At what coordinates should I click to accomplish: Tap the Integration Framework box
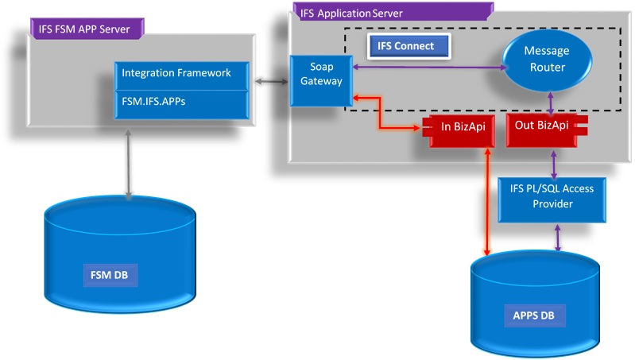point(182,73)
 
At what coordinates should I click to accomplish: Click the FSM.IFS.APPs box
point(182,102)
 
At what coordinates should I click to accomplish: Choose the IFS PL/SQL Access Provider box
point(551,195)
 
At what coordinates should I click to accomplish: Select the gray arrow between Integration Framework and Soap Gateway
point(272,80)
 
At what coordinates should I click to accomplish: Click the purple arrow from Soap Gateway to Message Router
point(429,68)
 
